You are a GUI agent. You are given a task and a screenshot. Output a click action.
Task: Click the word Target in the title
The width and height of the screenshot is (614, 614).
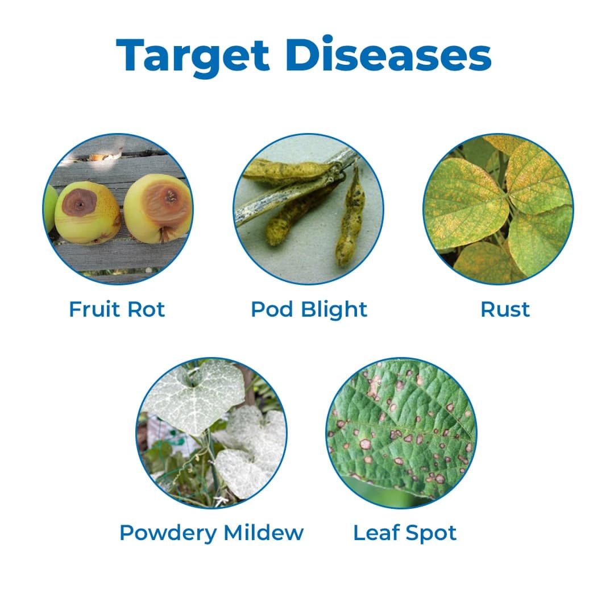(193, 55)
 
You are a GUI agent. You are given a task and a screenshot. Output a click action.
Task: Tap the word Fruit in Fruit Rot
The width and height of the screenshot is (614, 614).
(93, 309)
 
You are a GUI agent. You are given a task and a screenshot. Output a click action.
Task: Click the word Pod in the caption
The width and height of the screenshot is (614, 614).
(272, 309)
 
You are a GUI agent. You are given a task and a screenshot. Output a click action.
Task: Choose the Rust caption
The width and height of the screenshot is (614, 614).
(505, 309)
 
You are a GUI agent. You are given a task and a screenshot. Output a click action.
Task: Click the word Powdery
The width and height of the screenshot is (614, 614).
(169, 533)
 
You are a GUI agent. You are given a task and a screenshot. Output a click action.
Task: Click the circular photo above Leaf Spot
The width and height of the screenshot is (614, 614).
(401, 433)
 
